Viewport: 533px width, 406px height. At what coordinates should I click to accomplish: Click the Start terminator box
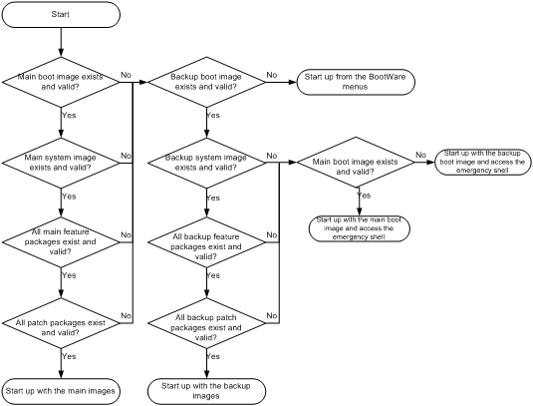(x=61, y=14)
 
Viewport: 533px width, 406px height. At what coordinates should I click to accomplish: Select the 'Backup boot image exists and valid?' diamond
(x=206, y=82)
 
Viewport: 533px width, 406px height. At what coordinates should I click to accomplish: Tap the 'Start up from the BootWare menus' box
(x=356, y=82)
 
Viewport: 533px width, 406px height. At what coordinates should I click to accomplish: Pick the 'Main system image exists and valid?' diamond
(x=61, y=163)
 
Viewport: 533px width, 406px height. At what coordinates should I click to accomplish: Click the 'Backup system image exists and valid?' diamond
(x=206, y=163)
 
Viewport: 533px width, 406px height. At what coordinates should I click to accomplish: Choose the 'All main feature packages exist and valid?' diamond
(x=61, y=242)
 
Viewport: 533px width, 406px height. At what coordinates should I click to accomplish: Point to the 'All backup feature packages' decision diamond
(x=206, y=242)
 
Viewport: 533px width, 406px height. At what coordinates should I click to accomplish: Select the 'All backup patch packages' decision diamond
(x=206, y=323)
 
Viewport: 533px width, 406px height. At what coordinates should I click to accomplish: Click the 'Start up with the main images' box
(x=61, y=391)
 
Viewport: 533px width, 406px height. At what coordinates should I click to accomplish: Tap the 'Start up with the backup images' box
(x=206, y=391)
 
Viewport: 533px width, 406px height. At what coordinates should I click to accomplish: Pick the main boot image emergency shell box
(x=360, y=228)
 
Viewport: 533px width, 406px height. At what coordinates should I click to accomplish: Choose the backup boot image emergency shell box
(x=483, y=163)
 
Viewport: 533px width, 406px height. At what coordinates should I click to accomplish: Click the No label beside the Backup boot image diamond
(x=272, y=75)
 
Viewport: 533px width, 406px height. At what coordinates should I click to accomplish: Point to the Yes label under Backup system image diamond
(x=213, y=198)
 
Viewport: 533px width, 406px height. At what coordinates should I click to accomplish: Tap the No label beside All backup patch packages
(x=272, y=316)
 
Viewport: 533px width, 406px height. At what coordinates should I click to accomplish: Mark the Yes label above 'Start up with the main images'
(x=69, y=356)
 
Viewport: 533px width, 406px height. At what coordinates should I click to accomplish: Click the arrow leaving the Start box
(x=61, y=42)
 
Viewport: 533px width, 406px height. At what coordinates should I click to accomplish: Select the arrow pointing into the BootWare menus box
(x=281, y=82)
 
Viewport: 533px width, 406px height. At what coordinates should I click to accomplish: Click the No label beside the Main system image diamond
(x=126, y=156)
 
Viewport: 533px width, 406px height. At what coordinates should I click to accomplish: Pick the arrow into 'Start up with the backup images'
(x=206, y=363)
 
